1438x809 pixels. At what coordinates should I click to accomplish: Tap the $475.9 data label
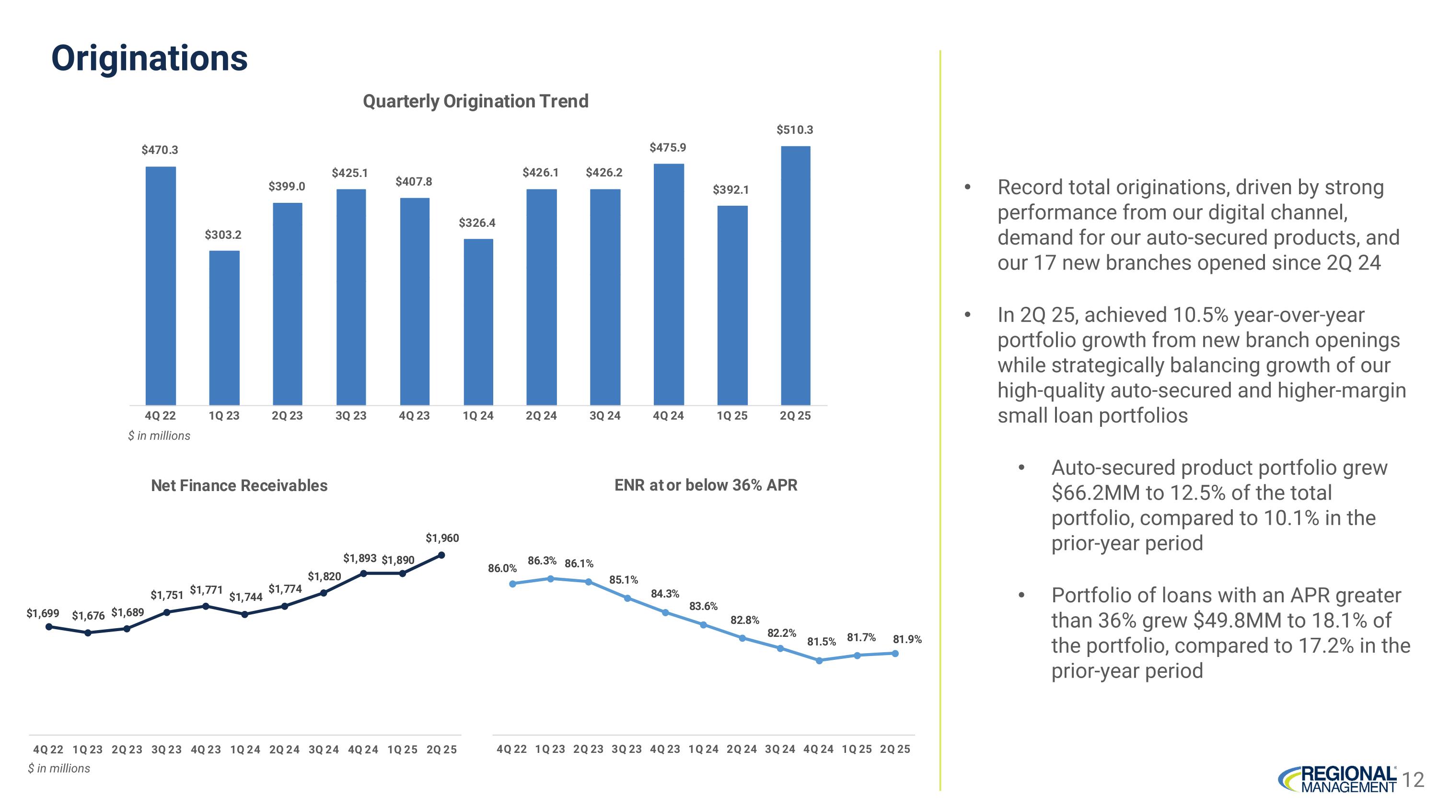pos(668,147)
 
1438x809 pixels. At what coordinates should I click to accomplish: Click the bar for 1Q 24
pos(478,322)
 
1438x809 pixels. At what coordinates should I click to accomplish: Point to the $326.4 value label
pos(477,223)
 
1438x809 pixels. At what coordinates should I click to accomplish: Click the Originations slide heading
pos(149,58)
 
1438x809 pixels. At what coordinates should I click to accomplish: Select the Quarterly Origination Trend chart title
pos(475,101)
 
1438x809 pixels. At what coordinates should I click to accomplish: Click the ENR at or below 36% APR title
pos(706,485)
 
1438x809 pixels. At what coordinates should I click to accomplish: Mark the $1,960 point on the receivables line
pos(441,555)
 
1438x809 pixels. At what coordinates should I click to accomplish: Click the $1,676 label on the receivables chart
pos(88,616)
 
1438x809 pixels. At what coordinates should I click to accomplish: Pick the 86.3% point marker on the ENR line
pos(550,578)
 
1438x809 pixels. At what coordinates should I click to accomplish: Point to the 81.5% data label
pos(821,642)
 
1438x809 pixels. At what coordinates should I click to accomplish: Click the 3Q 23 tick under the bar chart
pos(350,415)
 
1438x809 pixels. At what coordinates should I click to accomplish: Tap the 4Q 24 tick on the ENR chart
pos(818,749)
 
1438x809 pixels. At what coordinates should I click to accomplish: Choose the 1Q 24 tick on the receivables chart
pos(245,749)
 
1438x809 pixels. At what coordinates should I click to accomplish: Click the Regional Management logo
pos(1337,779)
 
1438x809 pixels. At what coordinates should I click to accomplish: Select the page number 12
pos(1413,779)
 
